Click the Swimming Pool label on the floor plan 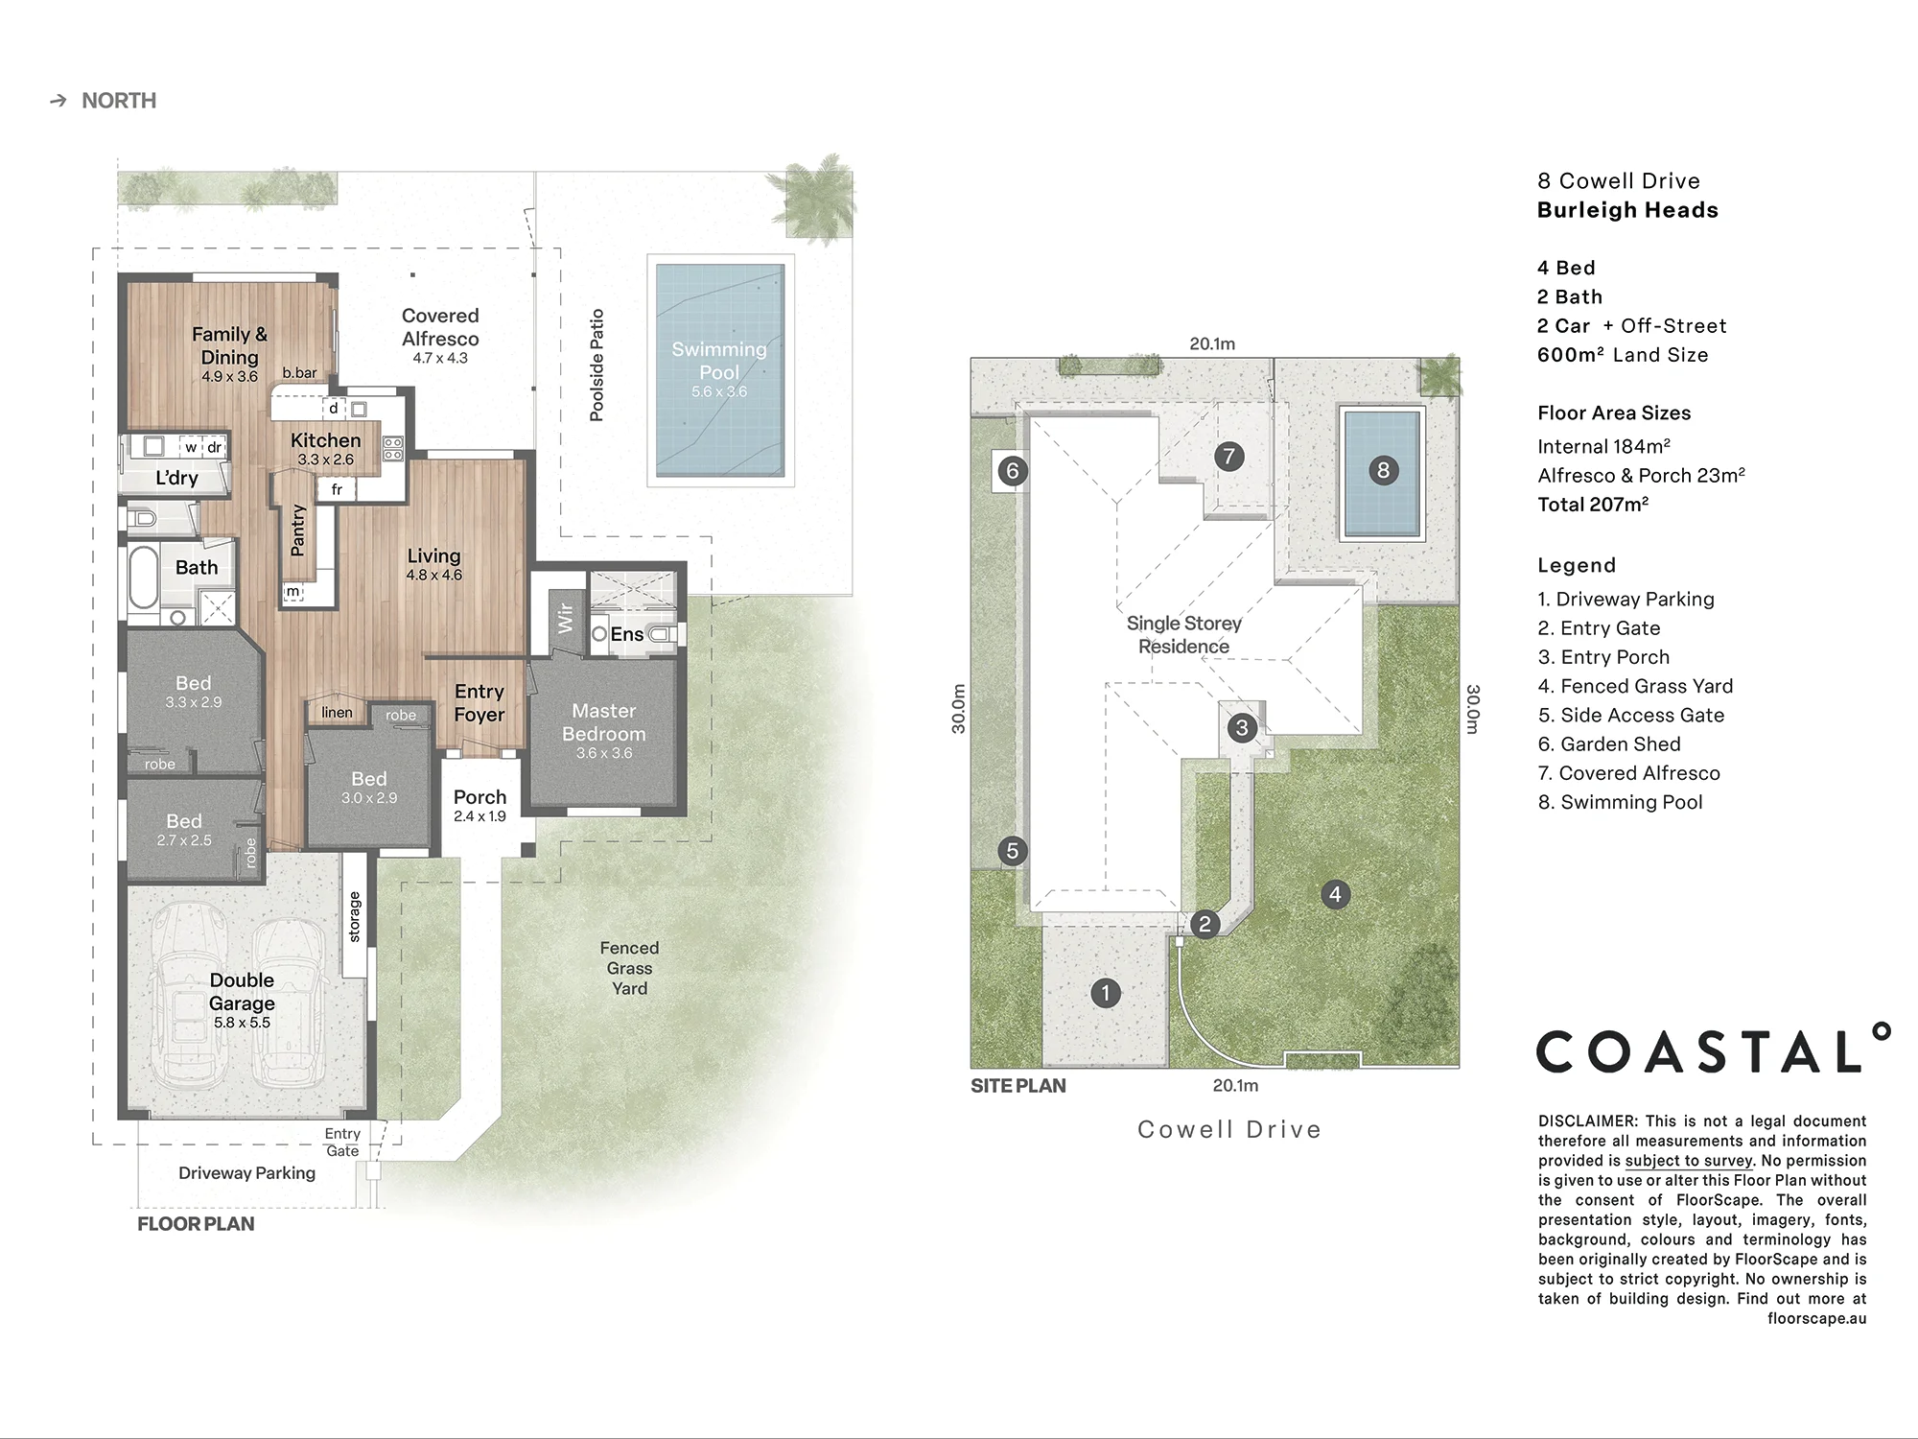pos(719,361)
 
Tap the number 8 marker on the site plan pos(1383,470)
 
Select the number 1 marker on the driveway pos(1106,993)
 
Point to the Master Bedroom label pos(604,722)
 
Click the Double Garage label pos(242,992)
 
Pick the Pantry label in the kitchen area pos(297,530)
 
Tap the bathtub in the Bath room pos(144,578)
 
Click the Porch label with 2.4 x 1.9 pos(479,797)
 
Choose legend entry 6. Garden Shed pos(1609,744)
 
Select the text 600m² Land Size pos(1623,355)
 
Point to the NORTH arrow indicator pos(58,101)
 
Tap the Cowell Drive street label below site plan pos(1229,1130)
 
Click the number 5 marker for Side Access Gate pos(1012,851)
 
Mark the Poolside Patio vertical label pos(596,365)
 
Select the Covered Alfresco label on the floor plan pos(440,327)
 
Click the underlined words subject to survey pos(1689,1161)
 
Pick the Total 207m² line pos(1593,505)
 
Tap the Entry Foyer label pos(479,703)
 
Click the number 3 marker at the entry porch pos(1242,727)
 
